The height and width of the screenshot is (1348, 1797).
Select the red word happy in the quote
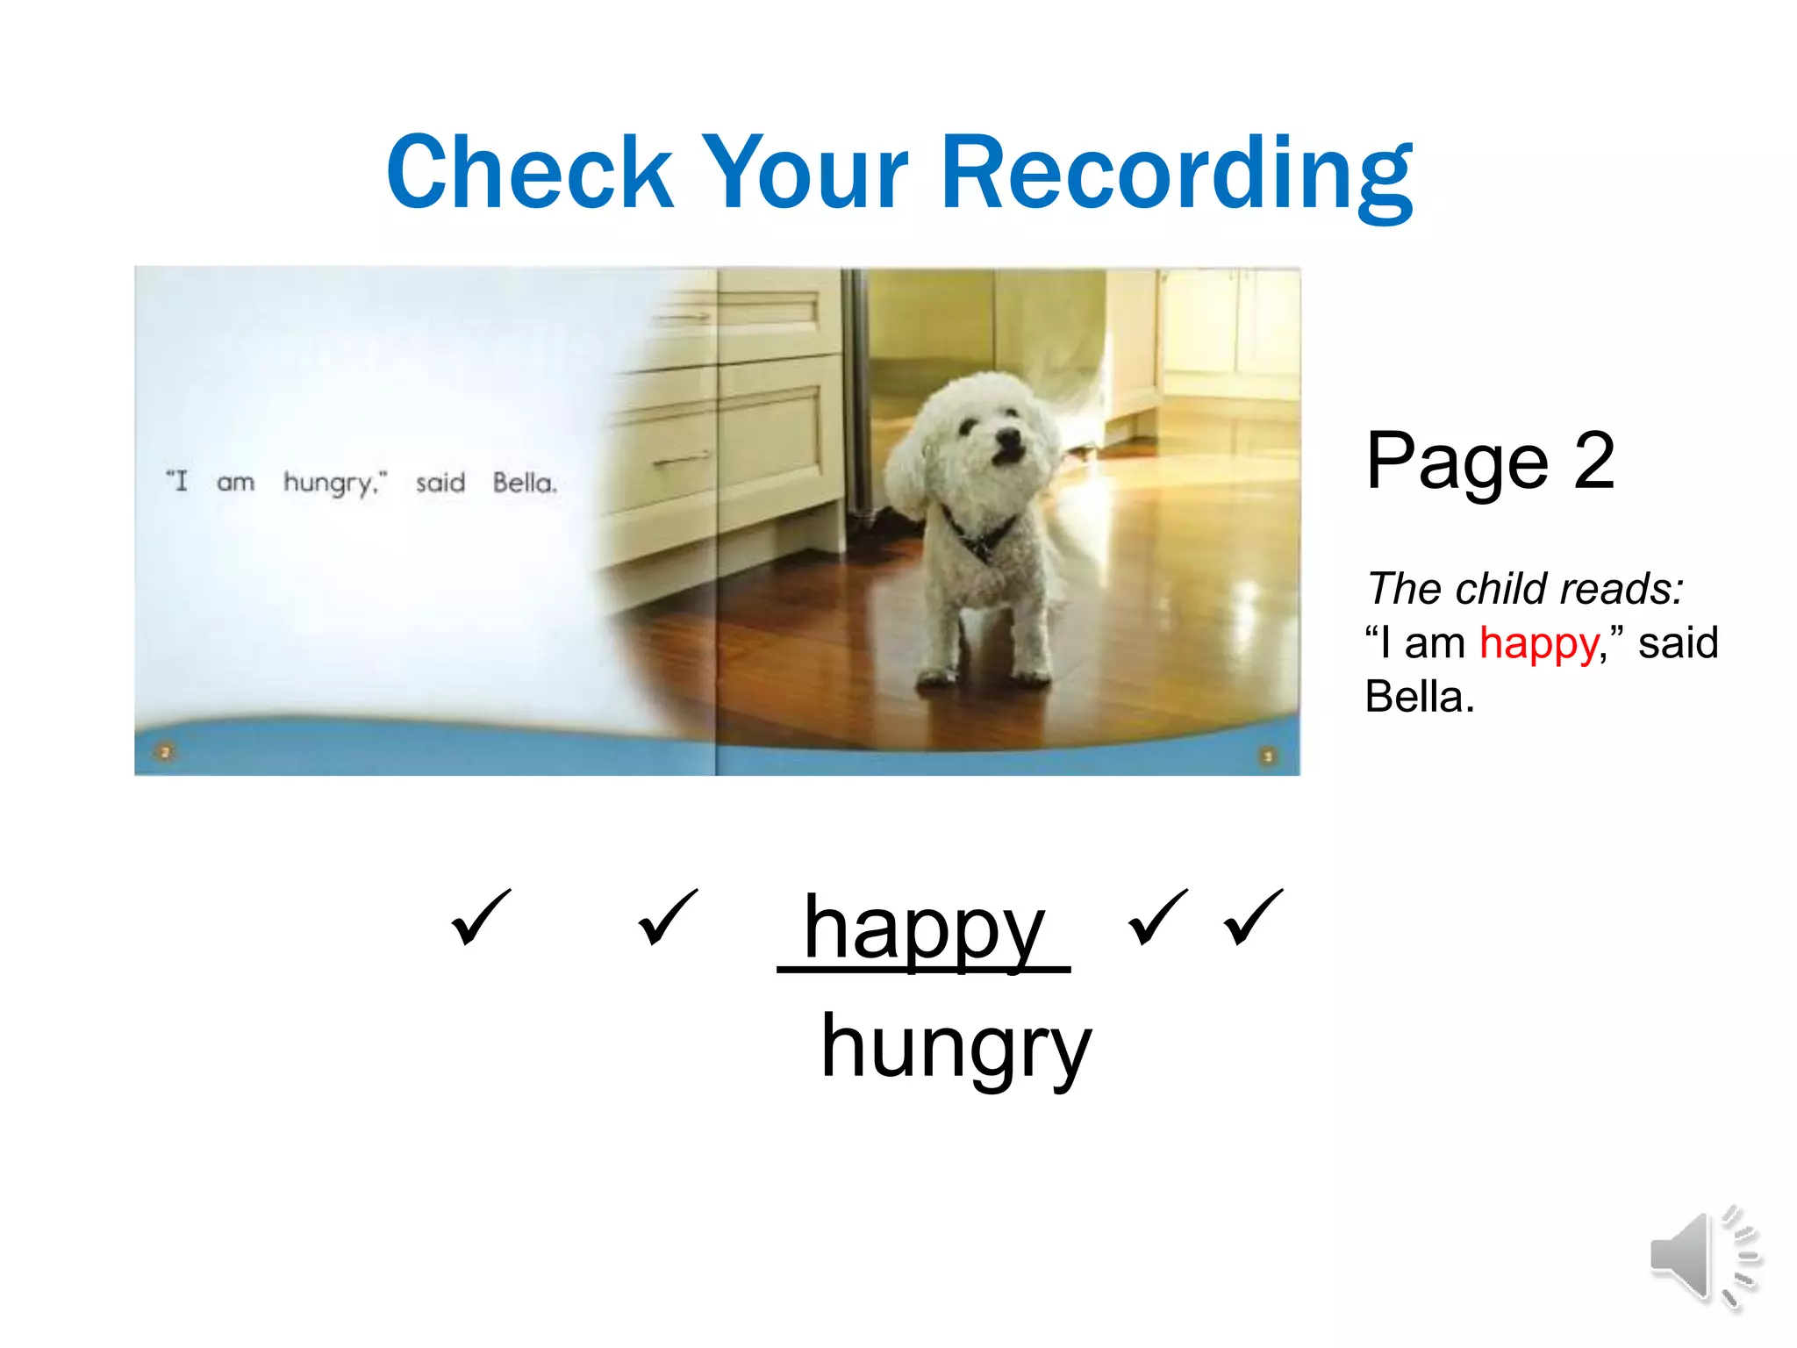1538,644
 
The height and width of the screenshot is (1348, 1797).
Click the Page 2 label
1490,461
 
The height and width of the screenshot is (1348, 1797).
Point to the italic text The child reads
1525,588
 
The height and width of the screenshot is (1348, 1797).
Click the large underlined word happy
923,929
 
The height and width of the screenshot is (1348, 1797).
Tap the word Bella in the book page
524,483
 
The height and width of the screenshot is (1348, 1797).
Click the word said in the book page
440,483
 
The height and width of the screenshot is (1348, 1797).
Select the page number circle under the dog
1267,756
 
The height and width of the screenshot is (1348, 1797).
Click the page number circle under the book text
165,752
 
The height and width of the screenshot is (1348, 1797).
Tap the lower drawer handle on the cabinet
682,459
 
